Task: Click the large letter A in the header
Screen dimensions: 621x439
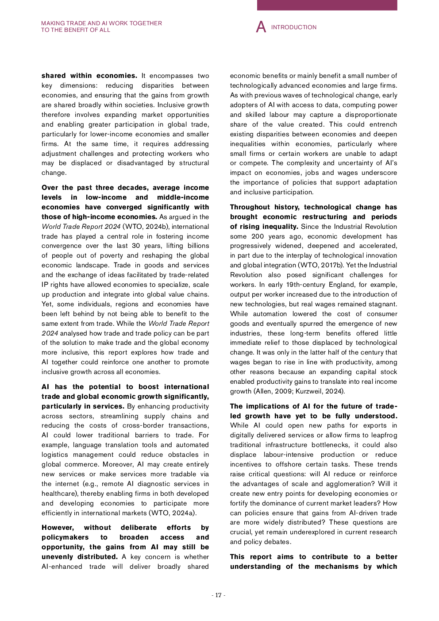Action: (x=261, y=27)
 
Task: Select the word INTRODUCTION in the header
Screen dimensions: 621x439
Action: (x=294, y=27)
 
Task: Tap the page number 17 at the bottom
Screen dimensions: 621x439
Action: (x=218, y=595)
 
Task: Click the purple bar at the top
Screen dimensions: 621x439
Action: (x=327, y=5)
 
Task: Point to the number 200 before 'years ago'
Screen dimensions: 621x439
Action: (x=258, y=236)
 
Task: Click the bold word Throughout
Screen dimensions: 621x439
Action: (x=250, y=207)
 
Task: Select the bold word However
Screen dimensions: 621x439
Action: (x=58, y=528)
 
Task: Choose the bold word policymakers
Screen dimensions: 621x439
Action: (x=65, y=537)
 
